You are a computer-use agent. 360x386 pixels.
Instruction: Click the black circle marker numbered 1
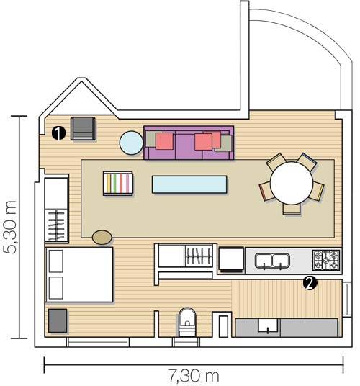pyautogui.click(x=59, y=133)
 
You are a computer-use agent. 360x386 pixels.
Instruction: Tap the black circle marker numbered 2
pyautogui.click(x=310, y=283)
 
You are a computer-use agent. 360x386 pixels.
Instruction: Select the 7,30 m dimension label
pyautogui.click(x=194, y=376)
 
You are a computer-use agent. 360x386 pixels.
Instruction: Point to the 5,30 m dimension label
pyautogui.click(x=10, y=227)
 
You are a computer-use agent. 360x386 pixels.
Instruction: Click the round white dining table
pyautogui.click(x=292, y=183)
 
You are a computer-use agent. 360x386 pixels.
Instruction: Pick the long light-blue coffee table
pyautogui.click(x=189, y=184)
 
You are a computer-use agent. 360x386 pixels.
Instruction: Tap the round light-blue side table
pyautogui.click(x=131, y=143)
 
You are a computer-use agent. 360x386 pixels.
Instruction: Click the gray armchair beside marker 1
pyautogui.click(x=83, y=128)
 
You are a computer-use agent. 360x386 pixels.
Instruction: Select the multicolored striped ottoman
pyautogui.click(x=118, y=184)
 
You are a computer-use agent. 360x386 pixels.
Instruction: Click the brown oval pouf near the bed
pyautogui.click(x=102, y=238)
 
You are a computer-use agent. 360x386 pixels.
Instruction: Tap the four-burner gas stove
pyautogui.click(x=326, y=260)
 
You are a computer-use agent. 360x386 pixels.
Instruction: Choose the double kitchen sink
pyautogui.click(x=272, y=261)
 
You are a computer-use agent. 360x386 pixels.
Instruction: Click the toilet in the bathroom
pyautogui.click(x=187, y=322)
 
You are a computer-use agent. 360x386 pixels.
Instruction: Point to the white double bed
pyautogui.click(x=79, y=274)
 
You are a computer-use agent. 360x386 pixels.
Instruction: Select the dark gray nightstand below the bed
pyautogui.click(x=58, y=320)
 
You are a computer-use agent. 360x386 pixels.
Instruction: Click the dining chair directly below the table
pyautogui.click(x=292, y=210)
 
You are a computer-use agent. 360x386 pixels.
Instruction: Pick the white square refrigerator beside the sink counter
pyautogui.click(x=231, y=260)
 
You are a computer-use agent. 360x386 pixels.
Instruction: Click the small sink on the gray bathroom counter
pyautogui.click(x=268, y=326)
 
